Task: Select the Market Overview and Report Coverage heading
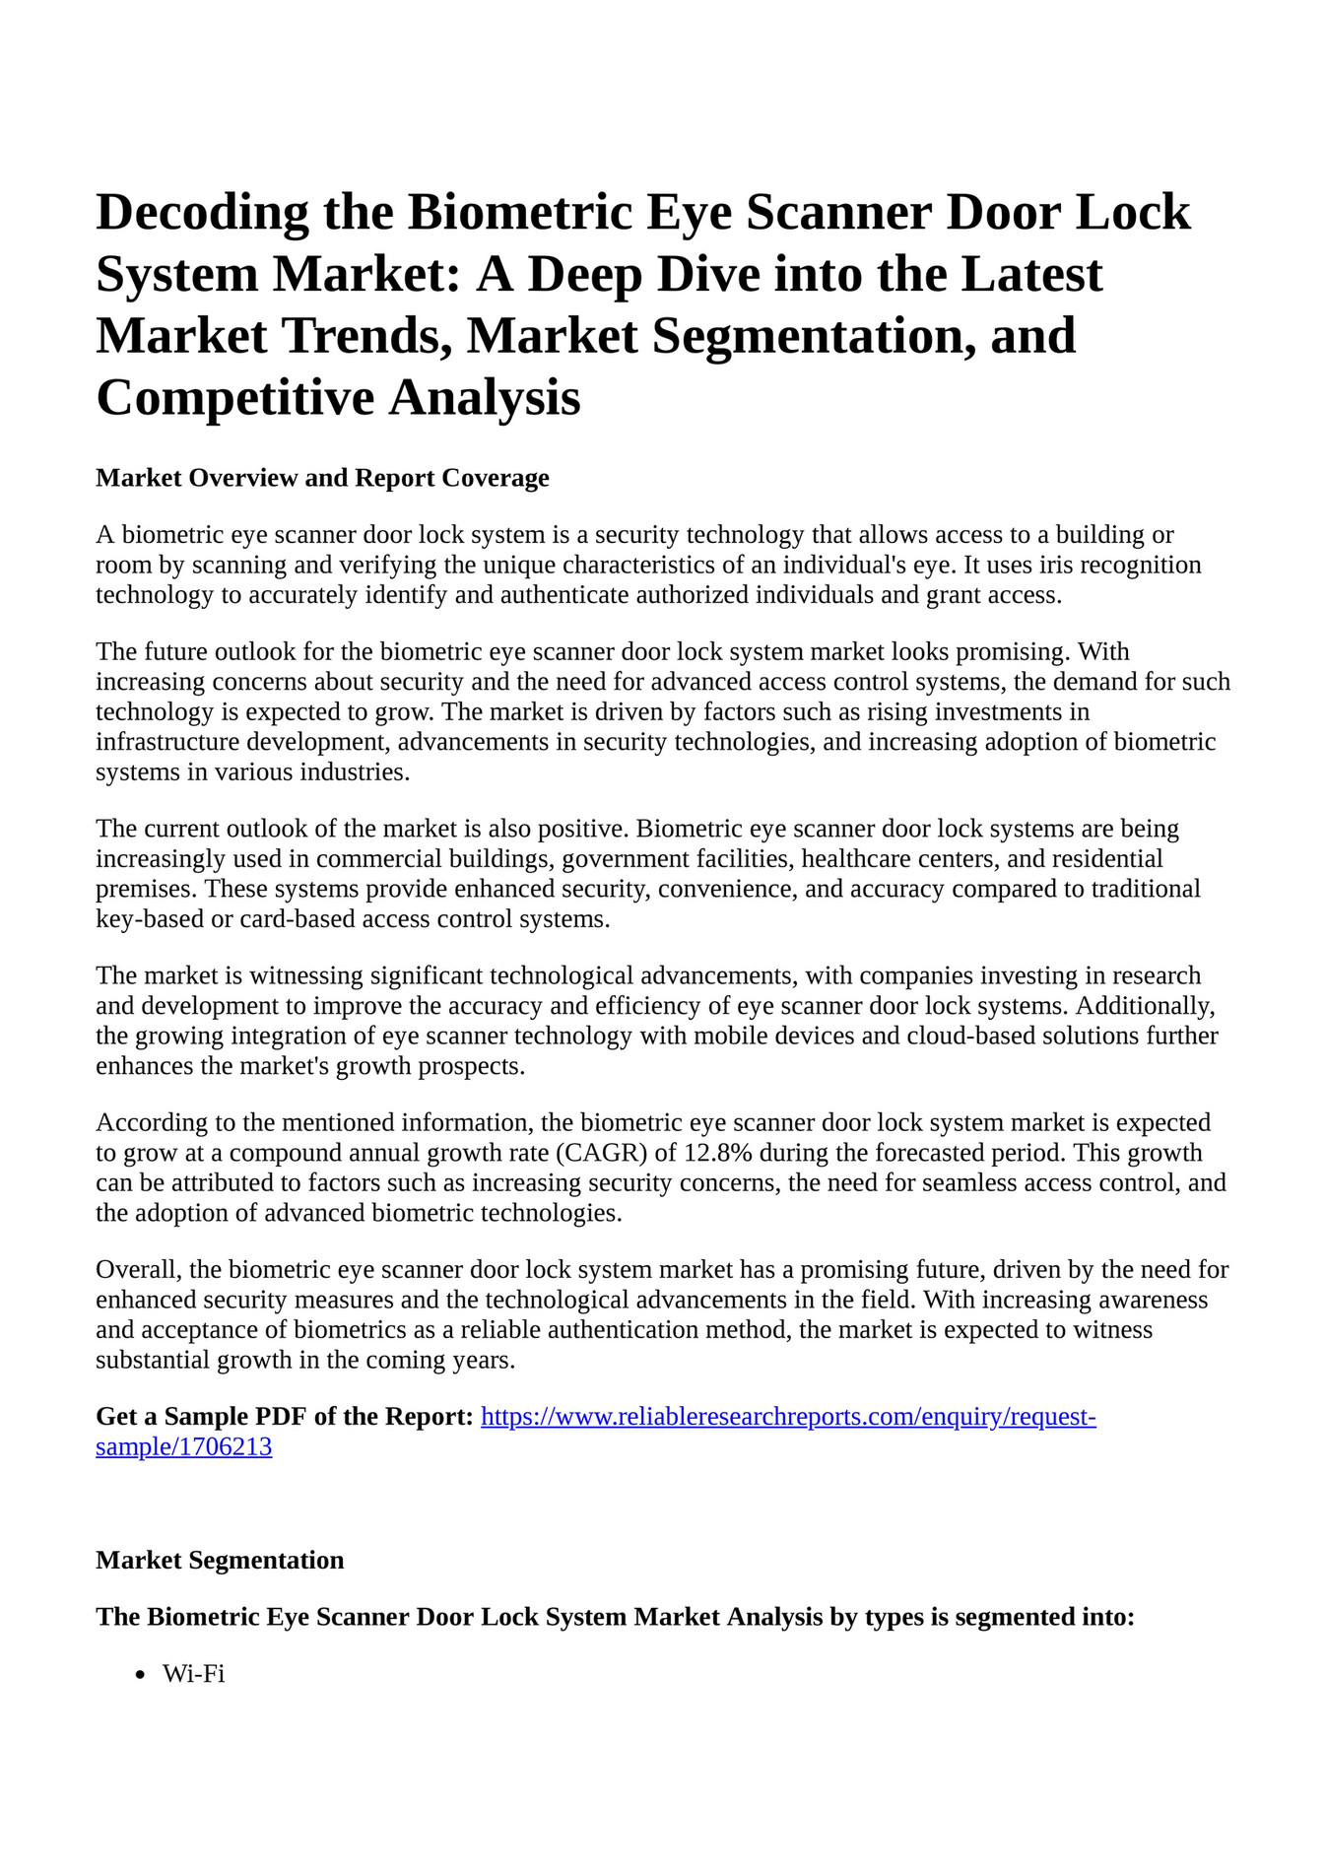(x=322, y=478)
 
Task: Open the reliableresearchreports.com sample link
(x=788, y=1417)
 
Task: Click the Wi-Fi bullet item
(x=194, y=1674)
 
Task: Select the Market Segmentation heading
(x=220, y=1561)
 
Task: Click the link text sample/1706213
(x=183, y=1447)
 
